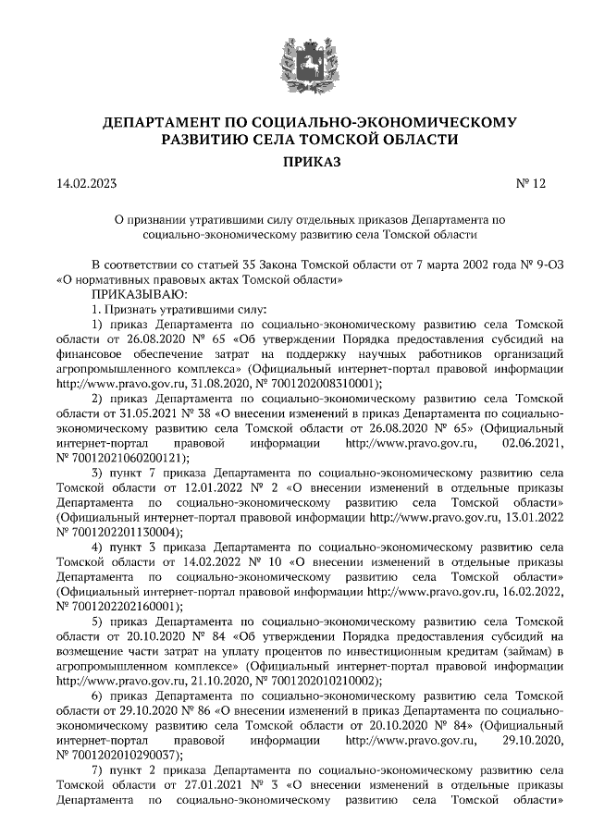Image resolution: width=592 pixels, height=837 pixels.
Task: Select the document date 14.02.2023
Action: (87, 183)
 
